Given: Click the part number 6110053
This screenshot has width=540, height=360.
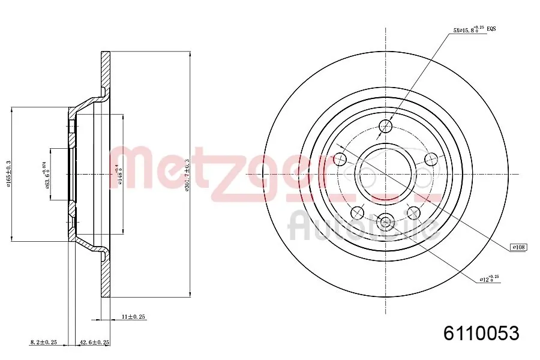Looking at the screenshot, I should click(481, 333).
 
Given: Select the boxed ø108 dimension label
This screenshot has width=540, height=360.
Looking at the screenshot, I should click(518, 247).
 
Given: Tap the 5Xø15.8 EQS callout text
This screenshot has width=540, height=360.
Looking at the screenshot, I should click(474, 29).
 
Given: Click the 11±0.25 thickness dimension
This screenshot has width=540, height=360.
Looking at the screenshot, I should click(133, 316).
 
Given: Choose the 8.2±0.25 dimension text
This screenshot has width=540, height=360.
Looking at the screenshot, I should click(43, 342).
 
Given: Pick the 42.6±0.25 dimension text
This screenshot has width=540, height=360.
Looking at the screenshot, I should click(95, 342).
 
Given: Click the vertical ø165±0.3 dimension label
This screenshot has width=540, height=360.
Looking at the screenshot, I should click(8, 174).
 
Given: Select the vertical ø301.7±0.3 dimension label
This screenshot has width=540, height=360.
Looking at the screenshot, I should click(187, 174).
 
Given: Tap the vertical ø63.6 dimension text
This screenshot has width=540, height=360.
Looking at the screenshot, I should click(46, 174).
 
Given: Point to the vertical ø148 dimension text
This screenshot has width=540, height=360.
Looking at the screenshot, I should click(120, 174).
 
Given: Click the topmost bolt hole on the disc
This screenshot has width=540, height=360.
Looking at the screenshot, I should click(386, 126).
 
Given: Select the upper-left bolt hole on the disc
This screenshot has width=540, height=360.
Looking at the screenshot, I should click(340, 159).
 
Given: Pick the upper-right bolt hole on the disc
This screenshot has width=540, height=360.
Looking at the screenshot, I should click(431, 159).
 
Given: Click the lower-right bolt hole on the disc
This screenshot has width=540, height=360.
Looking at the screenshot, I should click(413, 212).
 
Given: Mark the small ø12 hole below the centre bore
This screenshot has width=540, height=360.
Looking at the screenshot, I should click(386, 222).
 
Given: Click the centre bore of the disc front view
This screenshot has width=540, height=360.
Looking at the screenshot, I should click(386, 174).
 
